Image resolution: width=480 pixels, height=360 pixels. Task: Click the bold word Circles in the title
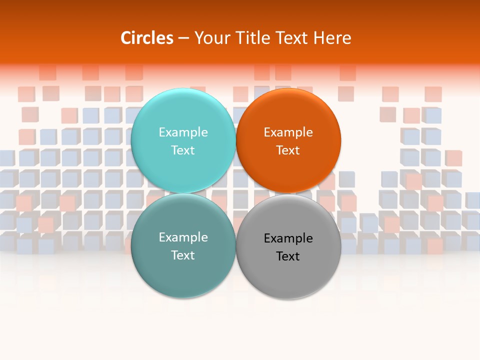click(147, 38)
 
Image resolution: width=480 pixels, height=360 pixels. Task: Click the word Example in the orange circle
click(288, 132)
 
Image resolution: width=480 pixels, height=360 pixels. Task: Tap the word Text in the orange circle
click(288, 150)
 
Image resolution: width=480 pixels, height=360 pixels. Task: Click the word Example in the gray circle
click(288, 238)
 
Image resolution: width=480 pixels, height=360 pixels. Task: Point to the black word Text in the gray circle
click(288, 256)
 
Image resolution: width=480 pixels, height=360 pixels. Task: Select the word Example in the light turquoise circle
click(183, 132)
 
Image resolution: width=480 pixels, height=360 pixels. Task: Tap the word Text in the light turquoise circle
click(183, 150)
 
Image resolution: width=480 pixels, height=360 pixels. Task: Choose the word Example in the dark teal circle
click(183, 237)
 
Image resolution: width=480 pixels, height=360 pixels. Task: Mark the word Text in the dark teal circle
click(183, 255)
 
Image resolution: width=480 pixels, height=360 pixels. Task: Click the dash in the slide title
click(183, 38)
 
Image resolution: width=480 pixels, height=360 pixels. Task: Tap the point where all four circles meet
click(236, 193)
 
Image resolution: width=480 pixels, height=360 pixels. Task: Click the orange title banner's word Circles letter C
click(125, 38)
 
